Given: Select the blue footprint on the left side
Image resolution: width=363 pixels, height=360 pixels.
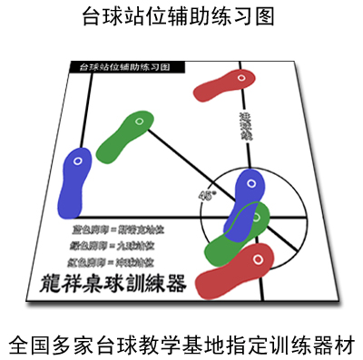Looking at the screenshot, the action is pyautogui.click(x=74, y=180).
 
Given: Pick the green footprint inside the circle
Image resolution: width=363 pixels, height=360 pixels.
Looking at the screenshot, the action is pyautogui.click(x=238, y=234).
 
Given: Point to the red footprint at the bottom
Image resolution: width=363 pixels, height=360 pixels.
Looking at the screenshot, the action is pyautogui.click(x=237, y=269).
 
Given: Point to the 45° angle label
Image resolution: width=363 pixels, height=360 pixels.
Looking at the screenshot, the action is pyautogui.click(x=206, y=193).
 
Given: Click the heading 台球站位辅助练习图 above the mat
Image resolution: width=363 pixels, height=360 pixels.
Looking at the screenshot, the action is pyautogui.click(x=181, y=16).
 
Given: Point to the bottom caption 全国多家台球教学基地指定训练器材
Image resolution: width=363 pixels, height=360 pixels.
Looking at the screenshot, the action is pyautogui.click(x=181, y=343).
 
